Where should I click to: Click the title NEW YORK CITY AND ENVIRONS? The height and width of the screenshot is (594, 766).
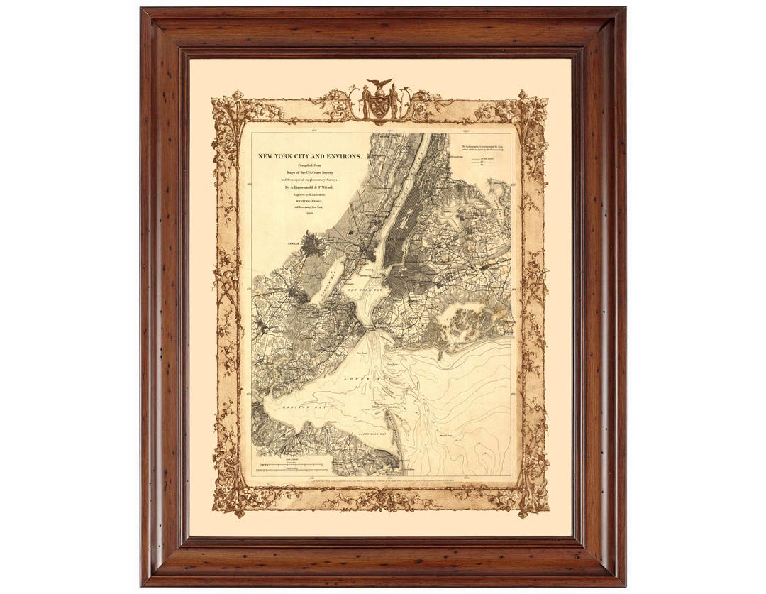[311, 155]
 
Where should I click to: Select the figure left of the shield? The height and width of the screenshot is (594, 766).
[366, 102]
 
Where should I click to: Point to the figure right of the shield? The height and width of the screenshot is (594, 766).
[394, 102]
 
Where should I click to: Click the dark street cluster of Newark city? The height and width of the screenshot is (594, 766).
[310, 245]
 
